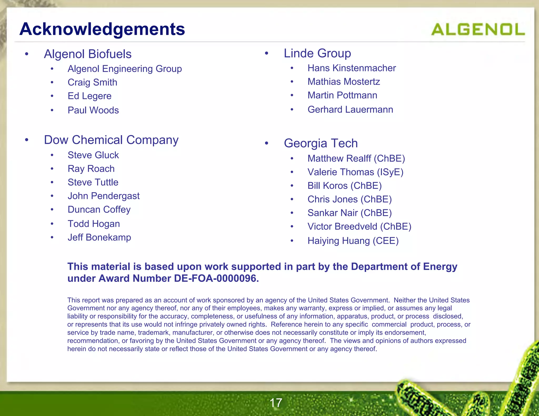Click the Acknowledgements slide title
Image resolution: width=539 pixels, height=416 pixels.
click(x=102, y=29)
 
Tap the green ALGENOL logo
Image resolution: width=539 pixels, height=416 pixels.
click(x=478, y=29)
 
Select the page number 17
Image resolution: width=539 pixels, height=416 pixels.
click(x=276, y=403)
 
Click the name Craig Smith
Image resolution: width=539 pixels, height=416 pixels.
click(x=92, y=82)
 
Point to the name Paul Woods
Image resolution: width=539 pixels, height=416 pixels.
click(x=93, y=110)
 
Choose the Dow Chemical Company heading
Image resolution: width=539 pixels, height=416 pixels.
click(x=111, y=140)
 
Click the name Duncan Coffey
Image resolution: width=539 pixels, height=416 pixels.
click(x=99, y=210)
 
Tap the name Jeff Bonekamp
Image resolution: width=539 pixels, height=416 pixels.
click(x=99, y=237)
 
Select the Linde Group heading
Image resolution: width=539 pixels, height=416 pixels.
click(x=317, y=53)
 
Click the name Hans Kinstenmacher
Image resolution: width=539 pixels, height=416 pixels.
click(x=352, y=68)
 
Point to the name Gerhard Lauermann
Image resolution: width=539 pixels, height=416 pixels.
click(x=350, y=109)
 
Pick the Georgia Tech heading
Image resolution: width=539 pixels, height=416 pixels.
click(x=321, y=143)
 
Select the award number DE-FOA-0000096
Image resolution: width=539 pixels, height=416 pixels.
click(x=216, y=278)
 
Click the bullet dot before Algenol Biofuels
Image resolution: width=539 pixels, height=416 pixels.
click(x=27, y=54)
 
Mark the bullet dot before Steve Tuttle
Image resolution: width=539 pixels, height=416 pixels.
click(x=52, y=182)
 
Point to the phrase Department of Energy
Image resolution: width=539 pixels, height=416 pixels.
click(x=404, y=267)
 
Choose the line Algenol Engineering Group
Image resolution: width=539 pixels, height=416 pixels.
click(x=125, y=69)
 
